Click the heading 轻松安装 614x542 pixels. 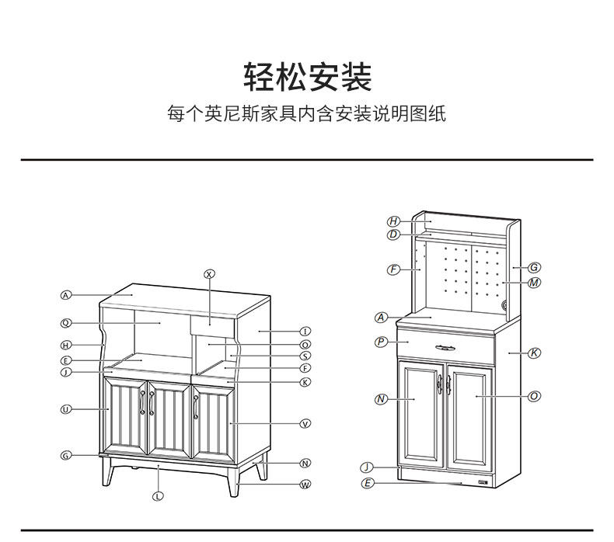pos(308,78)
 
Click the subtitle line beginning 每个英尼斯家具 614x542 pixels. pos(307,115)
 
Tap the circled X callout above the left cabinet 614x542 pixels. pos(209,273)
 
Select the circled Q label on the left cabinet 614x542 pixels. pos(66,323)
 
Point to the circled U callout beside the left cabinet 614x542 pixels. pos(66,408)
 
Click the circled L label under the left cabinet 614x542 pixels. pos(158,495)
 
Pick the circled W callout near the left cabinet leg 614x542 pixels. pos(305,485)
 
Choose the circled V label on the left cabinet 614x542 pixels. pos(305,423)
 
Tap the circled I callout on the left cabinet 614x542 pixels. pos(305,331)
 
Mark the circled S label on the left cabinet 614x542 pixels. pos(305,356)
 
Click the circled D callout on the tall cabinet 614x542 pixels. pos(393,234)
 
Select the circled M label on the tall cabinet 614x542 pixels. pos(534,283)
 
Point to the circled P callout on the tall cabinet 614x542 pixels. pos(381,342)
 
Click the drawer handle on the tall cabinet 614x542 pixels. pos(445,347)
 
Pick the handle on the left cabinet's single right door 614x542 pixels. pos(196,405)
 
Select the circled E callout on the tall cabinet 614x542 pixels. pos(368,483)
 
